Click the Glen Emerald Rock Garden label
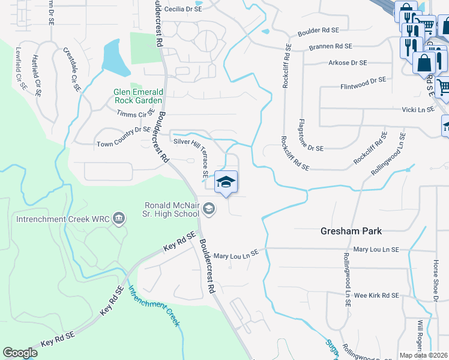pyautogui.click(x=138, y=96)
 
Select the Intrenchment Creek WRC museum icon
pyautogui.click(x=119, y=217)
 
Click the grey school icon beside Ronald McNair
pyautogui.click(x=209, y=209)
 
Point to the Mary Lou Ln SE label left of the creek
pyautogui.click(x=235, y=255)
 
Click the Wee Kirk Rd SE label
pyautogui.click(x=376, y=295)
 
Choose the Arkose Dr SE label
pyautogui.click(x=348, y=62)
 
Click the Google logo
pyautogui.click(x=20, y=353)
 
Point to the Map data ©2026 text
pyautogui.click(x=424, y=355)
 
